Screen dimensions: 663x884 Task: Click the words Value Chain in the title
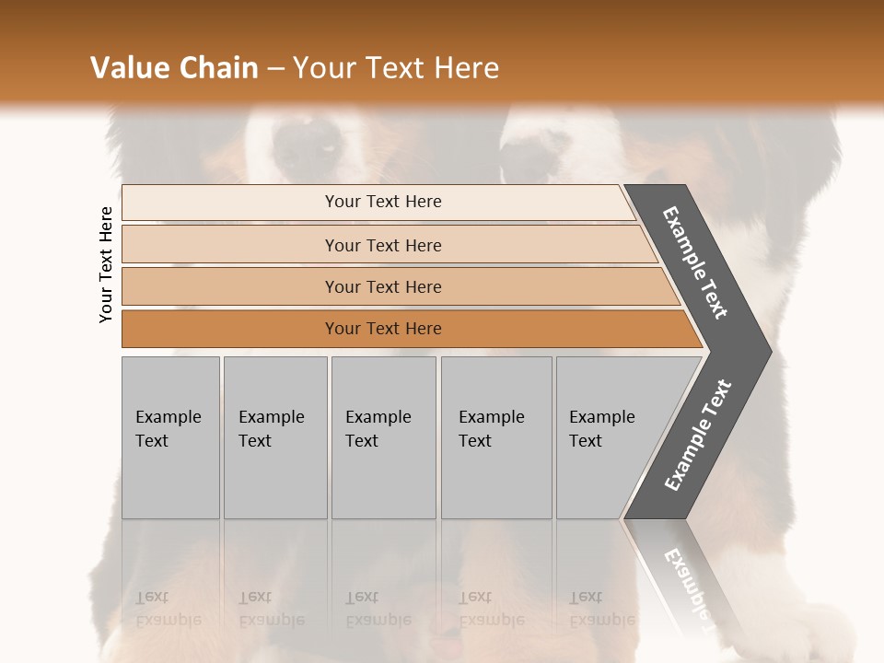tap(174, 68)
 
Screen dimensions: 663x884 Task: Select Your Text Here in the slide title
tap(396, 68)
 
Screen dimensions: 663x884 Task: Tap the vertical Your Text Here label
tap(106, 264)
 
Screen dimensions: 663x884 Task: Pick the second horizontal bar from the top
tap(382, 245)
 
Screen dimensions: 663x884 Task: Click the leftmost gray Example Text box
tap(170, 437)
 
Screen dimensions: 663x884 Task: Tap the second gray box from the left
tap(275, 437)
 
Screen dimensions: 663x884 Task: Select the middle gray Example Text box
tap(383, 437)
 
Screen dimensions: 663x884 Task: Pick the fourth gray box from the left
tap(496, 437)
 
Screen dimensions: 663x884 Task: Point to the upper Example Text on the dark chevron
tap(695, 262)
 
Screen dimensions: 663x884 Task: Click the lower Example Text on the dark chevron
tap(697, 436)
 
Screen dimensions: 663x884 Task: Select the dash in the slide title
tap(275, 69)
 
